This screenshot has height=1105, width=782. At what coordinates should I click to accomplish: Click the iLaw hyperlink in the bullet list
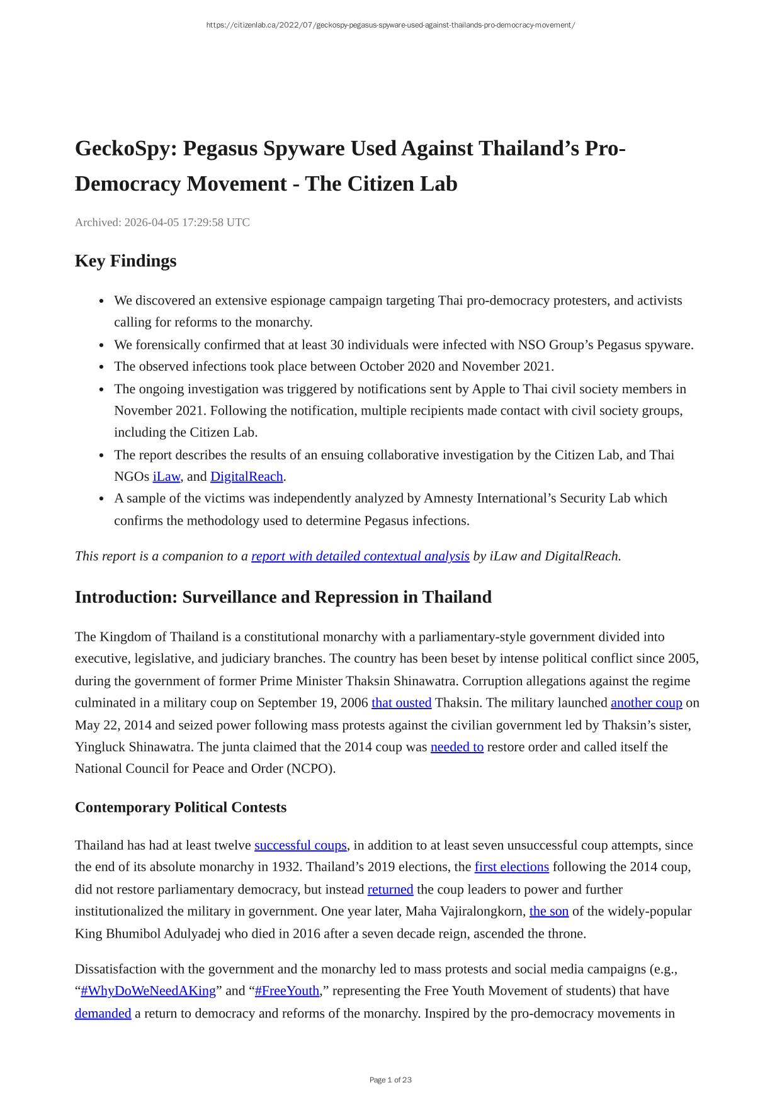(x=166, y=476)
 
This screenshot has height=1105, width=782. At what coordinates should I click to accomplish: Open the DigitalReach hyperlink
(x=246, y=476)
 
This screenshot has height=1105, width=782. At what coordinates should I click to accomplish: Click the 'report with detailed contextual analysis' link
(x=360, y=556)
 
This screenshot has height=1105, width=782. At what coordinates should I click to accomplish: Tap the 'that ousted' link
(x=401, y=703)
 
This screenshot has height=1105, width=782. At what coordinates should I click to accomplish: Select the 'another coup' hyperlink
(x=646, y=703)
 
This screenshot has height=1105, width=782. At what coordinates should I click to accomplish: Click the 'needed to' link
(x=456, y=747)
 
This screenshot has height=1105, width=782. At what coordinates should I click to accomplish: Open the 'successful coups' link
(x=300, y=845)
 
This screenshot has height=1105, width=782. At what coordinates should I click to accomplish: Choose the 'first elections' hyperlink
(x=511, y=867)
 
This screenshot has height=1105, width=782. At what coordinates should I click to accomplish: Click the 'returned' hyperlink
(x=390, y=890)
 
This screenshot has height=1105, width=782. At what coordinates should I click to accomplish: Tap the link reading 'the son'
(x=548, y=911)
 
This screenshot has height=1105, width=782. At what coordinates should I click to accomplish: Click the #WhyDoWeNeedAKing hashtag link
(x=148, y=991)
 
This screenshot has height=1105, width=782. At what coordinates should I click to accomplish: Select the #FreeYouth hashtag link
(x=287, y=991)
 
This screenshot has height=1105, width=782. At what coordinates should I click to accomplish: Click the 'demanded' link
(x=103, y=1014)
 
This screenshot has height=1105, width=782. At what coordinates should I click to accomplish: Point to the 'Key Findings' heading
(x=125, y=261)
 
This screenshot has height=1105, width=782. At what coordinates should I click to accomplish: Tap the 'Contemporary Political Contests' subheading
(x=180, y=807)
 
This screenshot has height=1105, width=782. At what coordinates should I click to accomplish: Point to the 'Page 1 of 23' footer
(x=390, y=1080)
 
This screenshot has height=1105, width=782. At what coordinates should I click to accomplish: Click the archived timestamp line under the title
(x=162, y=222)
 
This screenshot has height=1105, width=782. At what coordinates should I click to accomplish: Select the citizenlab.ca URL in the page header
(x=390, y=25)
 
